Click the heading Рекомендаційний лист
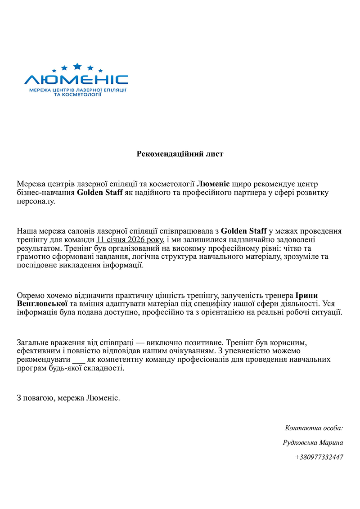tap(180, 154)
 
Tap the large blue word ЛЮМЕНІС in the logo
tap(76, 80)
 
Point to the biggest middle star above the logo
tap(77, 67)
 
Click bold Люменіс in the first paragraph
tap(214, 184)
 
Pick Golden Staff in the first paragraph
tap(99, 193)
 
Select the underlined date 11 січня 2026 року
tap(130, 240)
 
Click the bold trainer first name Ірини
tap(306, 295)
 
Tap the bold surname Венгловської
tap(42, 304)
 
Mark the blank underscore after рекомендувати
tap(78, 360)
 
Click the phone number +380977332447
tap(319, 457)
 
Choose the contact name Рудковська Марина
tap(313, 443)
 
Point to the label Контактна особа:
tap(314, 428)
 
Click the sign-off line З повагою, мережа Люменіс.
tap(68, 398)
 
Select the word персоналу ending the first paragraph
tap(36, 202)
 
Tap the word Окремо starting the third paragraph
tap(29, 295)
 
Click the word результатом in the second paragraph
tap(40, 248)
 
